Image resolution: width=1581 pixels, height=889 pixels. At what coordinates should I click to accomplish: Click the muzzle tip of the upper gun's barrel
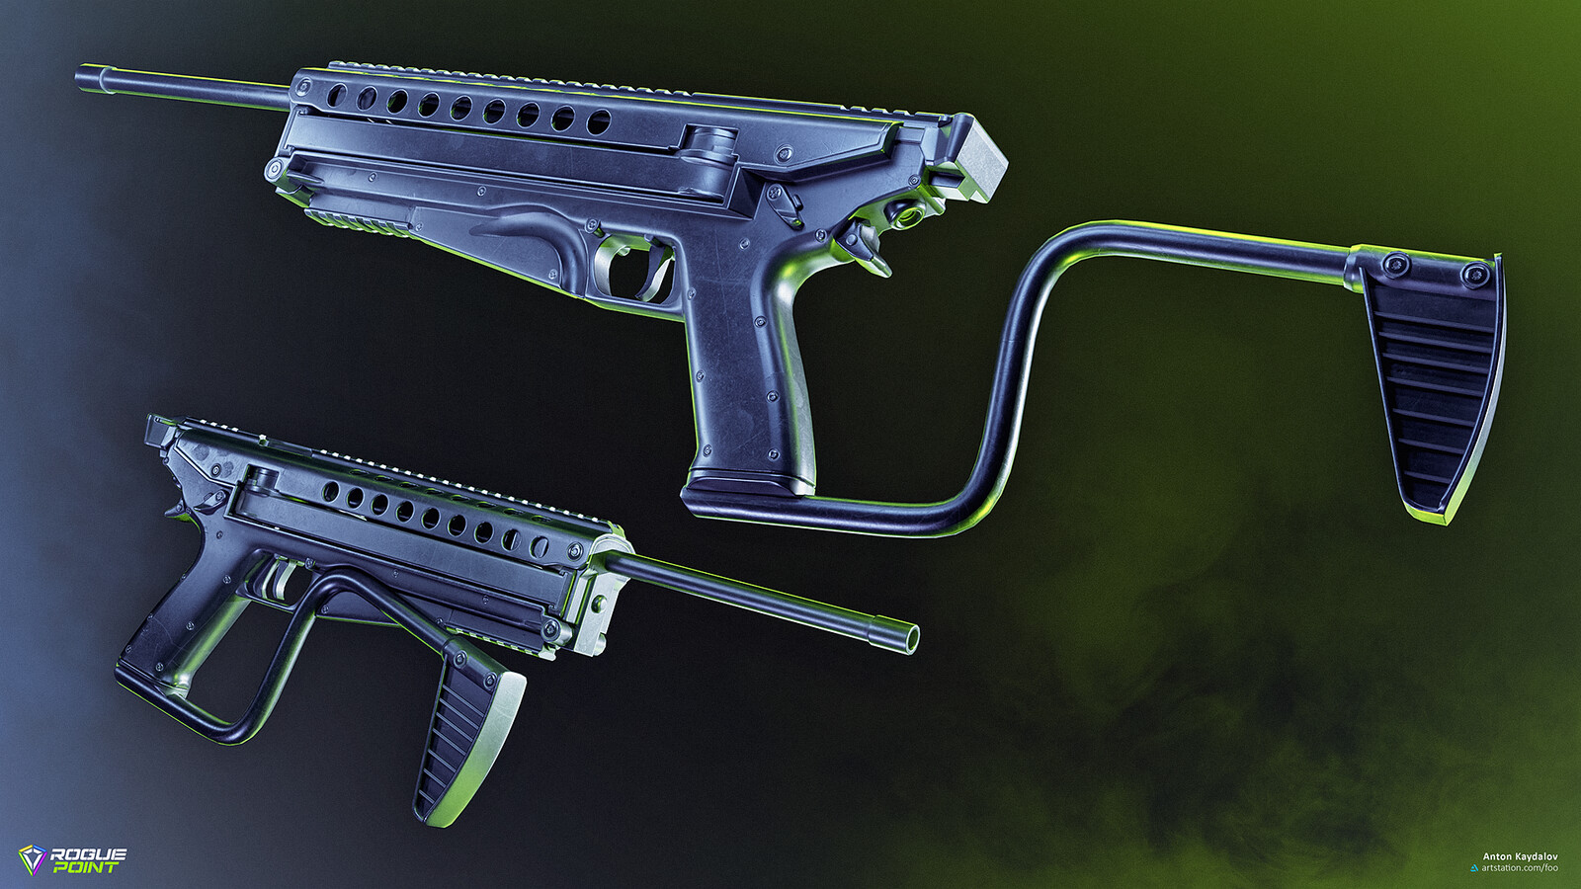(80, 76)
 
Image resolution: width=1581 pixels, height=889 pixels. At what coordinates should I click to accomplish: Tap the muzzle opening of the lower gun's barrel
(913, 639)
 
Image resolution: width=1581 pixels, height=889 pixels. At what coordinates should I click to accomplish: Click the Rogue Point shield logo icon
(33, 860)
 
